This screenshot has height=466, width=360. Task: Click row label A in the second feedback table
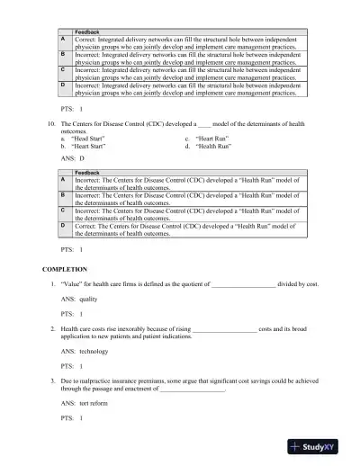61,179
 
